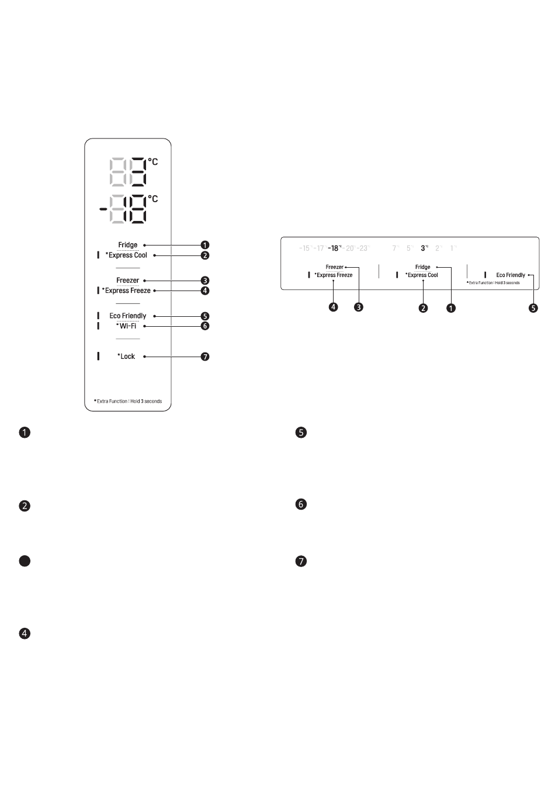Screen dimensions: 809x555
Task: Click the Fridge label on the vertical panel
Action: [x=127, y=245]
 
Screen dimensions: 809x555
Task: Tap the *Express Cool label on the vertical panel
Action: [x=126, y=255]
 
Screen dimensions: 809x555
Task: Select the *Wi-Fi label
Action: [x=126, y=326]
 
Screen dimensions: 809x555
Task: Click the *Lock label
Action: [x=126, y=357]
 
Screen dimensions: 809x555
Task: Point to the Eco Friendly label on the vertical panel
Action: [x=128, y=316]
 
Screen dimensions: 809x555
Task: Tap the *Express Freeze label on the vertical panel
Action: [x=126, y=291]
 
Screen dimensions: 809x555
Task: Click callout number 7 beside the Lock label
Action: [x=204, y=357]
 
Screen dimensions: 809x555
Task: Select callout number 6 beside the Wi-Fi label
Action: [x=204, y=326]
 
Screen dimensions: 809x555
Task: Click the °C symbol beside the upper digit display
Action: [x=153, y=161]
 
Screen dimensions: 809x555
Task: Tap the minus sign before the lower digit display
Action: [x=103, y=208]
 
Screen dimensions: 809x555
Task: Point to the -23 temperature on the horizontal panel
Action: [x=363, y=248]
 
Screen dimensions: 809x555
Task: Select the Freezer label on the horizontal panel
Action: [x=335, y=267]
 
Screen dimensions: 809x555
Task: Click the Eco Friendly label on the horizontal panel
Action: [x=511, y=275]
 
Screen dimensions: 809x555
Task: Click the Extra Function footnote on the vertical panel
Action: [x=128, y=402]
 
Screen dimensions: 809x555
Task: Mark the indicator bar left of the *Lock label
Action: [x=98, y=356]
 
